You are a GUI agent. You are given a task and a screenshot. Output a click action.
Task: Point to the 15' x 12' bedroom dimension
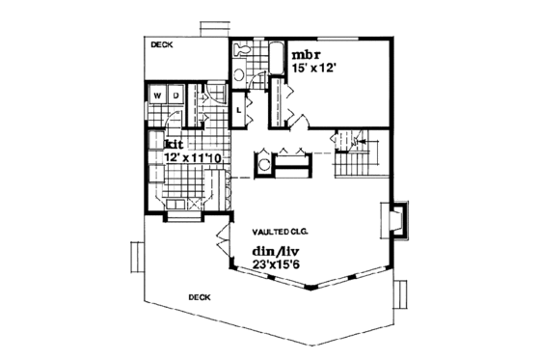(311, 69)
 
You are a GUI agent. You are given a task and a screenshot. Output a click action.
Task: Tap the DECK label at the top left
(163, 44)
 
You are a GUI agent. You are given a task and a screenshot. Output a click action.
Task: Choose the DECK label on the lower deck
(200, 298)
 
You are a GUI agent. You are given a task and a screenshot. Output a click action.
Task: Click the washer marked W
(158, 96)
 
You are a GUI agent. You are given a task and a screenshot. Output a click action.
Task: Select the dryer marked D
(175, 96)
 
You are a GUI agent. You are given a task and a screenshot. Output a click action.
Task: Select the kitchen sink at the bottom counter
(177, 206)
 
